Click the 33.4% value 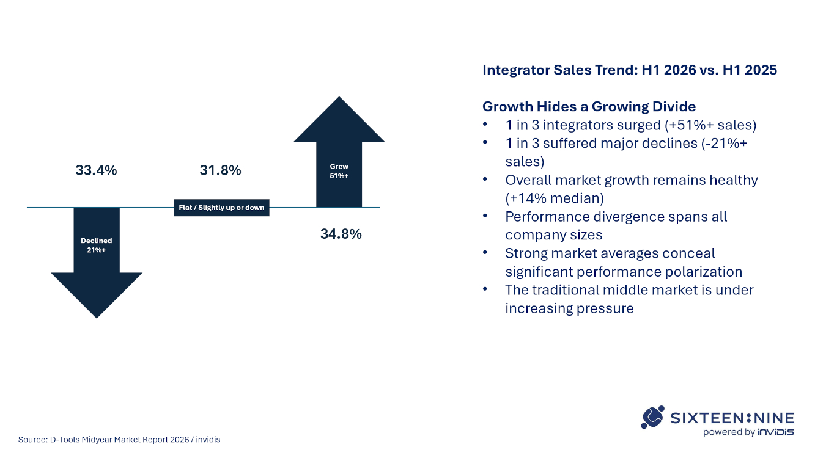tap(96, 170)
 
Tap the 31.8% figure tap(221, 170)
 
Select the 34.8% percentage tap(341, 234)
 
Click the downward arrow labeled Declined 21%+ tap(97, 263)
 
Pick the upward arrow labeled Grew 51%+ tap(339, 151)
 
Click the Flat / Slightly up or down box tap(221, 208)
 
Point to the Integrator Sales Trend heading tap(630, 70)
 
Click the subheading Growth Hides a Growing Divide tap(589, 106)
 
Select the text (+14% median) tap(555, 198)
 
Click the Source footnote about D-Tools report tap(119, 440)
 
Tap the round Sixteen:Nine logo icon tap(653, 417)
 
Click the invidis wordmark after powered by tap(776, 432)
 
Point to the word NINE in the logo tap(774, 418)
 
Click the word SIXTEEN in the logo tap(707, 418)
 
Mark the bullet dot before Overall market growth tap(485, 179)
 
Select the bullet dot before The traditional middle tap(485, 289)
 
